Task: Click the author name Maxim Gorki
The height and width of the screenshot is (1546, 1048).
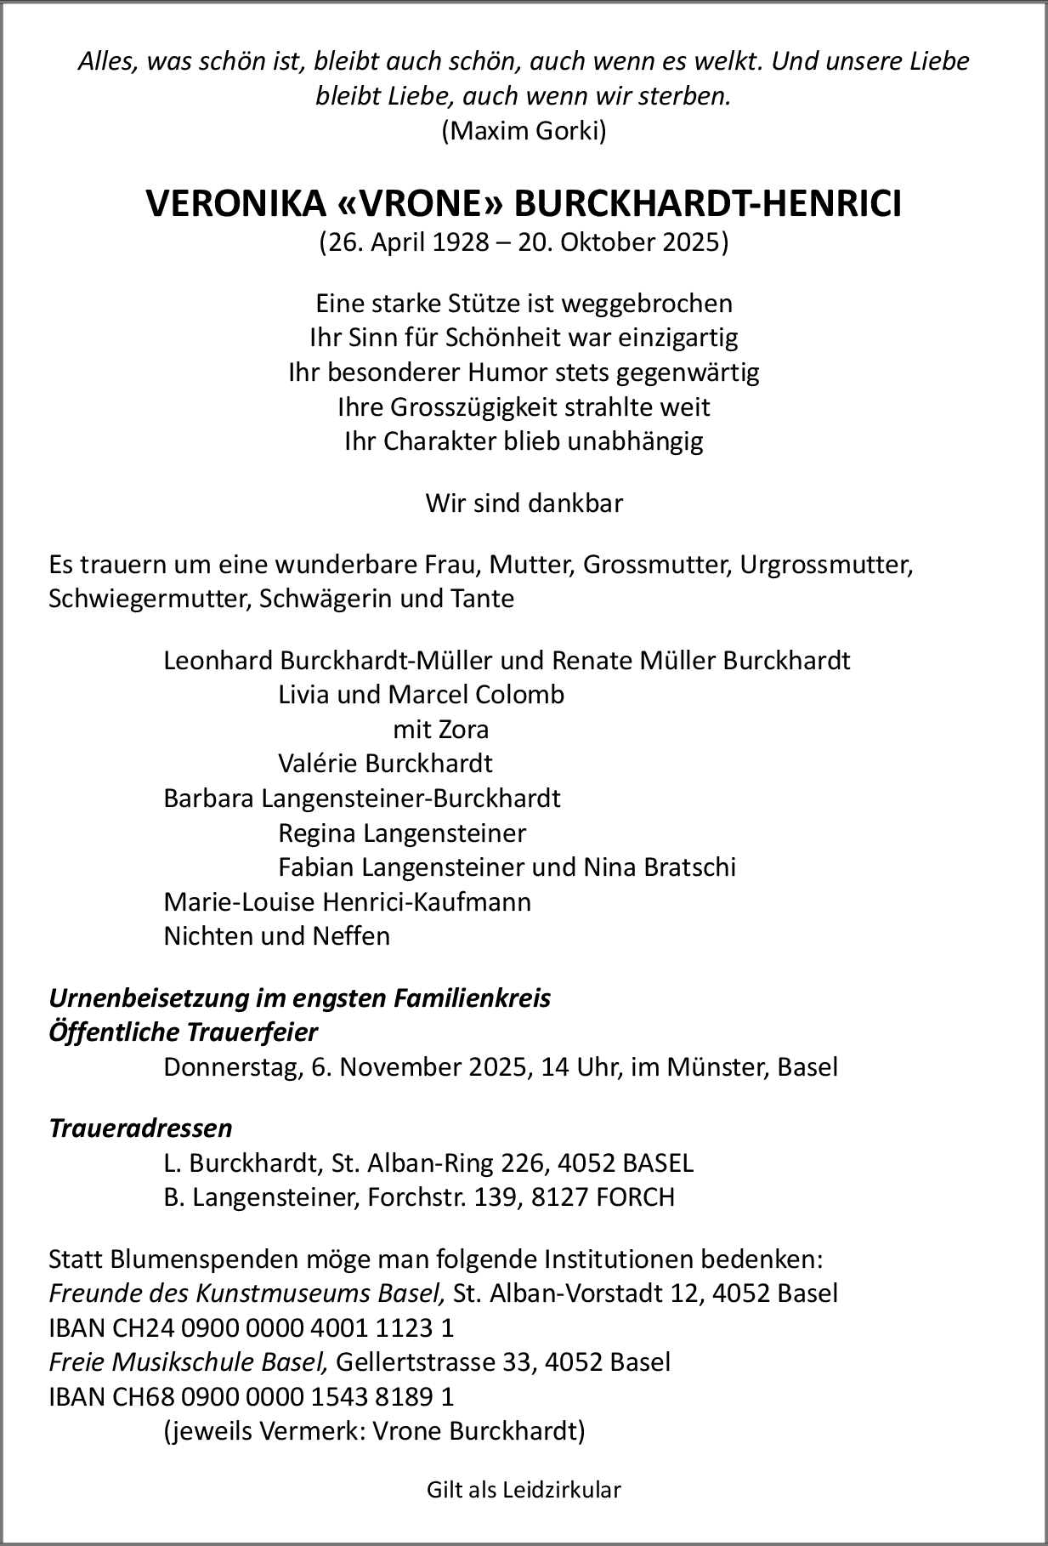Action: (x=524, y=131)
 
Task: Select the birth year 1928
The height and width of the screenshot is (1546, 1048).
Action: (x=459, y=243)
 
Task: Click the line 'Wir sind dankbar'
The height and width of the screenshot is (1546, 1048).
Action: (x=524, y=503)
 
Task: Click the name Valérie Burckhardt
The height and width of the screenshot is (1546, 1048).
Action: (x=385, y=764)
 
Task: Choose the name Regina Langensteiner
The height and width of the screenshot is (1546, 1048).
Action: (x=402, y=833)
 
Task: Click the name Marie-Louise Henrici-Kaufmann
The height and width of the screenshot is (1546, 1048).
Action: (x=348, y=901)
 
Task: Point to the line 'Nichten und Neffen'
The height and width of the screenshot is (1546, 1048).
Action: (x=277, y=936)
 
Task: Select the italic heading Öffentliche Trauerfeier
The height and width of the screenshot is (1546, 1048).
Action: (x=184, y=1032)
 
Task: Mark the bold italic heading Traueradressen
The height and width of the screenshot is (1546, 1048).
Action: (x=141, y=1128)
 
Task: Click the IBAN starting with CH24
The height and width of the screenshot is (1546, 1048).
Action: (x=252, y=1327)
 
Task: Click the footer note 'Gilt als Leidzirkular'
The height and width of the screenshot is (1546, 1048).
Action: (x=524, y=1489)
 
